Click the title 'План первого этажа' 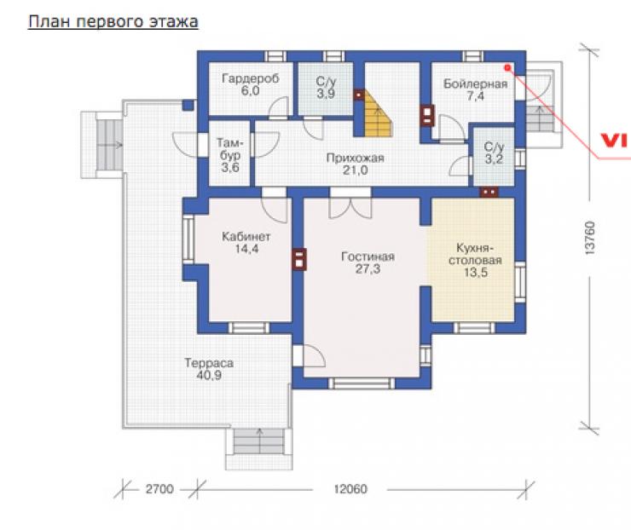point(113,21)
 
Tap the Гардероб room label point(251,78)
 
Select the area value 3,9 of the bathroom point(326,94)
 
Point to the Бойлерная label point(475,84)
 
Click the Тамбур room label point(230,149)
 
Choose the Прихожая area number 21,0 point(355,170)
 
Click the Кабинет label point(246,236)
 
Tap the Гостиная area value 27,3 point(368,269)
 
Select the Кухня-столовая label point(475,254)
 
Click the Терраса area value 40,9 point(209,375)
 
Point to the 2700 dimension point(159,489)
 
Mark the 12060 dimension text point(350,489)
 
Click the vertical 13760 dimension point(589,238)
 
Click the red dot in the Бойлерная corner point(507,68)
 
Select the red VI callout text point(613,141)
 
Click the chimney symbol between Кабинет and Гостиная point(299,259)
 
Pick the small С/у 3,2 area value point(494,159)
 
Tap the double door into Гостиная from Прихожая point(350,204)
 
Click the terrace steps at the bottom point(259,441)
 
